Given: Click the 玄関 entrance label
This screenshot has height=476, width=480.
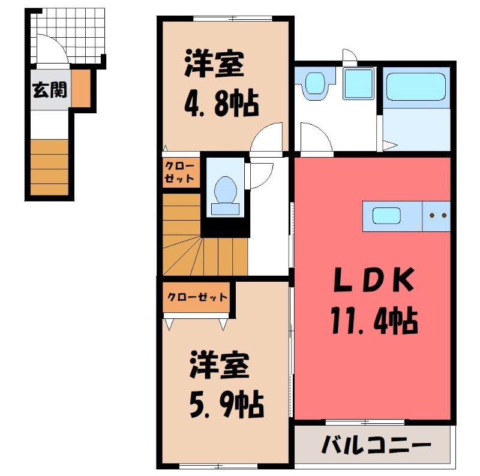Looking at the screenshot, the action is (x=50, y=91).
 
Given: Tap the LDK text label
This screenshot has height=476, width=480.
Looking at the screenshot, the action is (x=374, y=279).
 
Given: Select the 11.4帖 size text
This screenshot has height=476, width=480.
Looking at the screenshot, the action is (x=374, y=321).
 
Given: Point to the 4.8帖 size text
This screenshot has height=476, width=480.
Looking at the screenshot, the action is (x=221, y=103).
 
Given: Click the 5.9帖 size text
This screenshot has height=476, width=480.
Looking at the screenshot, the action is (x=226, y=404).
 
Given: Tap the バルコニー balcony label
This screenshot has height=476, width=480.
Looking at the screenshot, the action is (x=376, y=445).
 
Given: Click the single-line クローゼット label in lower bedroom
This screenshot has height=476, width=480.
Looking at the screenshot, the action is (x=197, y=297).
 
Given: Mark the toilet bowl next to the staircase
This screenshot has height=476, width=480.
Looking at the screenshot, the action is (x=226, y=196).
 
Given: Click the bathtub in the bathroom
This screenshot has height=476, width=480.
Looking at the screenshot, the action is (x=416, y=86).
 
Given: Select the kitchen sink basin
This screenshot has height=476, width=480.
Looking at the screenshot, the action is (x=386, y=215).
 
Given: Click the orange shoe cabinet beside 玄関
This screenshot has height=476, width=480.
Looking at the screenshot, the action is (x=81, y=88).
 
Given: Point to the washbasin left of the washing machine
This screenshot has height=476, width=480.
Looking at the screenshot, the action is (x=316, y=83).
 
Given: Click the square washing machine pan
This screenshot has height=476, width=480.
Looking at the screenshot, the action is (x=359, y=84).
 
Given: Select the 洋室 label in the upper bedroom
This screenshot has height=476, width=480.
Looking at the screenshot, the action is (x=214, y=64).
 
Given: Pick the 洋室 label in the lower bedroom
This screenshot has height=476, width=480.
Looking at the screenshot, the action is (x=219, y=366).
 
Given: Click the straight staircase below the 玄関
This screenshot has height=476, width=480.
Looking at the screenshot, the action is (x=49, y=167).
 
